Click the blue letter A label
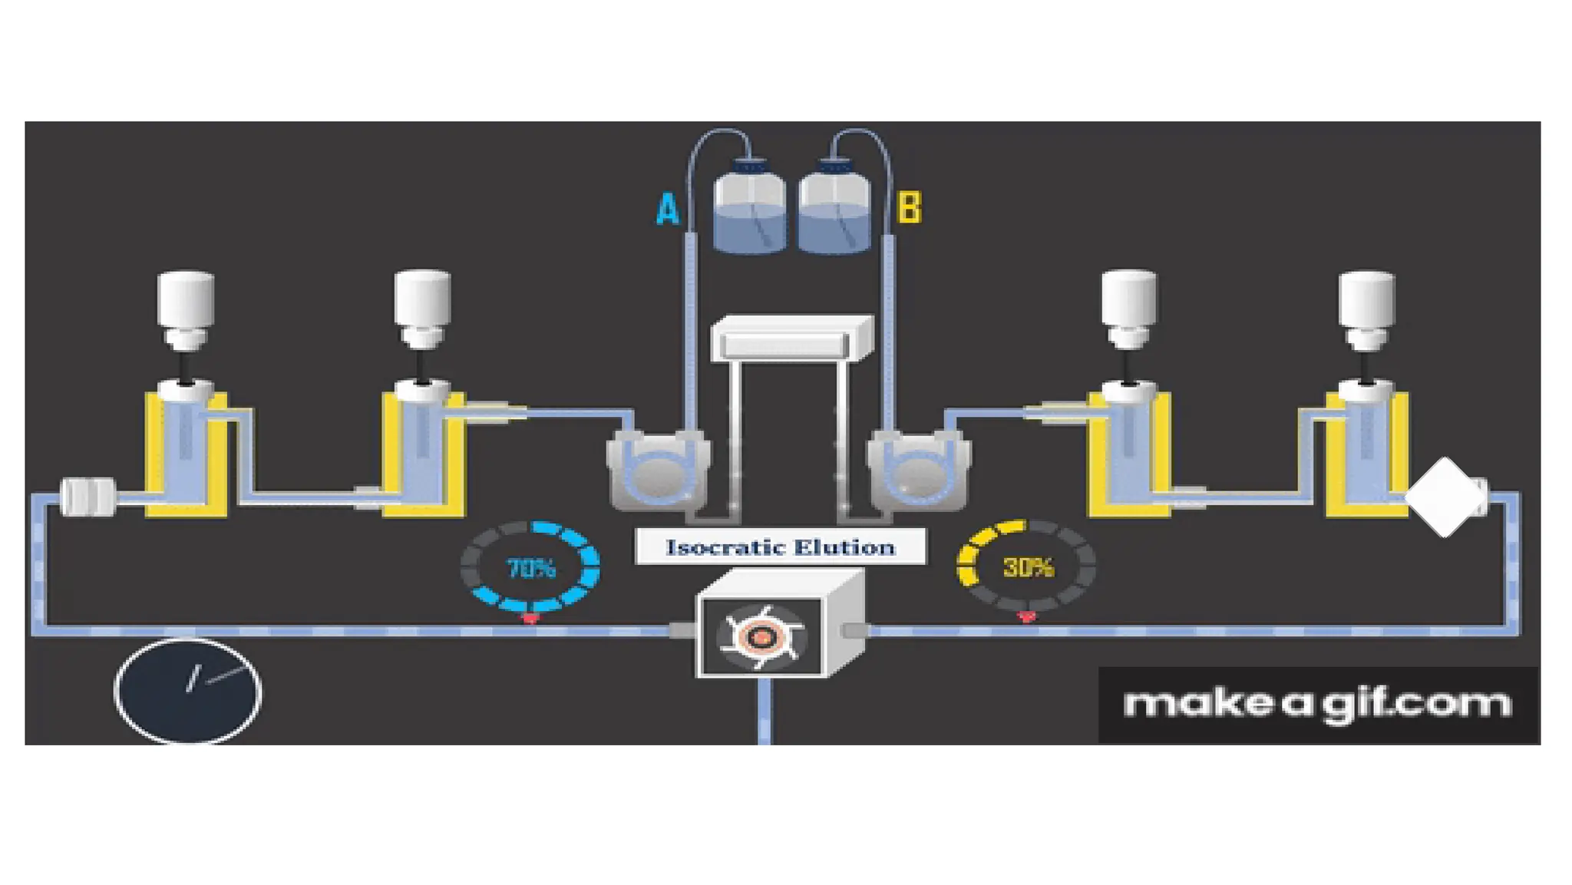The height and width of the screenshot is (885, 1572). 668,208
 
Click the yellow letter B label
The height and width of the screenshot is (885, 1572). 909,207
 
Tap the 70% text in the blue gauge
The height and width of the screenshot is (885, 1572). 530,569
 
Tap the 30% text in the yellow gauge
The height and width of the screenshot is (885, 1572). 1028,567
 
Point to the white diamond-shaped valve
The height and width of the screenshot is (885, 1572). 1445,497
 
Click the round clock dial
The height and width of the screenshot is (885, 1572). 188,691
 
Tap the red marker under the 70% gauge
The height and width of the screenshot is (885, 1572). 530,618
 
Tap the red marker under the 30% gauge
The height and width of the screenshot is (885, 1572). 1026,616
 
